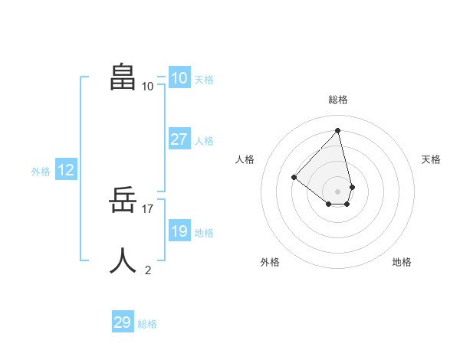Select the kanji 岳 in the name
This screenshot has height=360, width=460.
(123, 201)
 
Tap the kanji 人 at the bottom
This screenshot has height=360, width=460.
(123, 260)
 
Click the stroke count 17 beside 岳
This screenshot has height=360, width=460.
(149, 208)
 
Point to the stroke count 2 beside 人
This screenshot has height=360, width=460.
(148, 270)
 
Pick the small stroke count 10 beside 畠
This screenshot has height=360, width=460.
(148, 86)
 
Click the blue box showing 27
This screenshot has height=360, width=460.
(179, 139)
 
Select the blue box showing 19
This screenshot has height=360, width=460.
(179, 231)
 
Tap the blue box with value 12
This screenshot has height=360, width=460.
(66, 170)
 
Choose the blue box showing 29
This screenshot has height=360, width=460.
(123, 322)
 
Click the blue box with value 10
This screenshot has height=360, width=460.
(179, 78)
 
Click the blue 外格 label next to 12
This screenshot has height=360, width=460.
(41, 172)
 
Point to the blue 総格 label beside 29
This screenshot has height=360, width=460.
(147, 324)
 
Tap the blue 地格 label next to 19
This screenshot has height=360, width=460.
(204, 233)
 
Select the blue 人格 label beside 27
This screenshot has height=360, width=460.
(204, 141)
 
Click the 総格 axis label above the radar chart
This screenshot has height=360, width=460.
(337, 100)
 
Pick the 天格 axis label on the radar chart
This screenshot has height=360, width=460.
(431, 159)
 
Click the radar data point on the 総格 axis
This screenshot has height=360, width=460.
(337, 130)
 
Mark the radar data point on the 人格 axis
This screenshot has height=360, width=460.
(294, 177)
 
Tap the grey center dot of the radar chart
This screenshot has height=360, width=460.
(337, 191)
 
